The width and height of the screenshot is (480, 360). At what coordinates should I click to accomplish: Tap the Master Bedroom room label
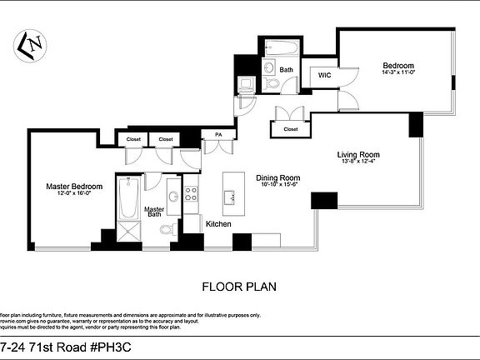[73, 186]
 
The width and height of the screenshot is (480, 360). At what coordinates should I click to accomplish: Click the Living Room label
[358, 154]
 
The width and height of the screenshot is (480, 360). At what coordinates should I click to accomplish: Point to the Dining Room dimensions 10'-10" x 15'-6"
[277, 186]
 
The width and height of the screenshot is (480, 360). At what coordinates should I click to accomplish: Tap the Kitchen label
[218, 224]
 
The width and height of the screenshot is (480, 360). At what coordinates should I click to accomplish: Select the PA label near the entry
[218, 134]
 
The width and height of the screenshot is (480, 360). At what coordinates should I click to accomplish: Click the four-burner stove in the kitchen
[191, 194]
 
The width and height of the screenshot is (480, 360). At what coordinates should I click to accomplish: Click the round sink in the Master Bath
[172, 197]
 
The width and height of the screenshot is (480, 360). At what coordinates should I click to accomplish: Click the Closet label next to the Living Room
[290, 129]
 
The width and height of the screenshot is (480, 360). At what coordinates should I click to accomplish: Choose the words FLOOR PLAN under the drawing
[239, 286]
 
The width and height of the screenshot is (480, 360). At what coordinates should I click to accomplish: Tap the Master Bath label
[154, 212]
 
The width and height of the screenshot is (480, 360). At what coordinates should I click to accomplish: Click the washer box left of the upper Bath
[247, 84]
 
